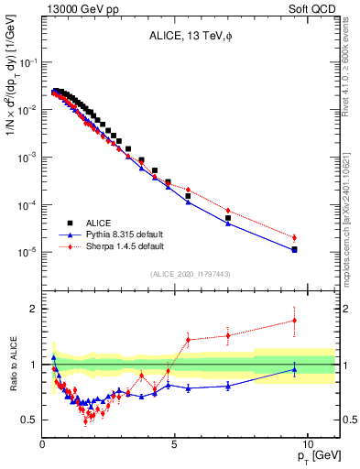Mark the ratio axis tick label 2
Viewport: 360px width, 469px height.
pyautogui.click(x=32, y=309)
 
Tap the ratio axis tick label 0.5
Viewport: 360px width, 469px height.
pyautogui.click(x=28, y=420)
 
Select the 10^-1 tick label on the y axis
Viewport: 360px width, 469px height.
pyautogui.click(x=26, y=62)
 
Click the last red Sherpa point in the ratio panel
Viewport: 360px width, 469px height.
pyautogui.click(x=294, y=320)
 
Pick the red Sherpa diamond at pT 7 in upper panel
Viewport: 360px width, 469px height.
pyautogui.click(x=228, y=211)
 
